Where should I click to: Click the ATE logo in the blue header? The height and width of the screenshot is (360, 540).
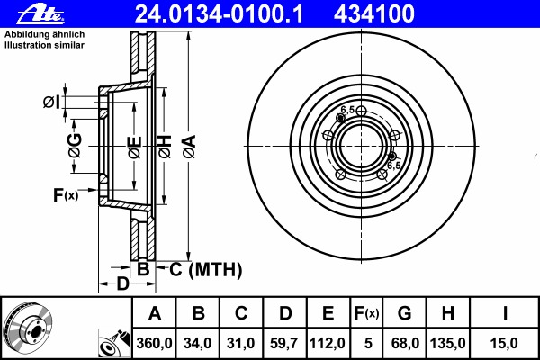click(x=40, y=14)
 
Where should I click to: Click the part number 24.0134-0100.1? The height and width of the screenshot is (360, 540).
click(x=219, y=14)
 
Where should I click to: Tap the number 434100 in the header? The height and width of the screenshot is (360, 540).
click(x=374, y=14)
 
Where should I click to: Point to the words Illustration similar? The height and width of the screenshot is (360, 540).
click(x=44, y=45)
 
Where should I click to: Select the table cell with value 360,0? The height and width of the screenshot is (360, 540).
click(x=154, y=343)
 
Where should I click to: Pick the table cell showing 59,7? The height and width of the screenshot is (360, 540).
click(x=284, y=343)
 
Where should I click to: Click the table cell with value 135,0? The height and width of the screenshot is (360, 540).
click(x=447, y=343)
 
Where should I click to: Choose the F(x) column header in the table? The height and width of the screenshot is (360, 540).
click(x=366, y=313)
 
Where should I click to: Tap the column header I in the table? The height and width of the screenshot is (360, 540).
click(x=505, y=313)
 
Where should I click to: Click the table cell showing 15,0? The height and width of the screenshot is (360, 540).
click(x=505, y=343)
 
